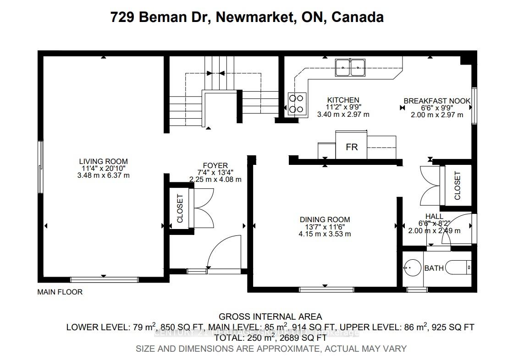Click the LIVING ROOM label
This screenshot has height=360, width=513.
[x=103, y=161]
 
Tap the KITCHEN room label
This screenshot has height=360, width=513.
[x=343, y=100]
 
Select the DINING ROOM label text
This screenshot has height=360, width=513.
[x=325, y=219]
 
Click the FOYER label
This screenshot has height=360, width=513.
[x=215, y=165]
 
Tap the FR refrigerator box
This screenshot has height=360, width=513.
[x=351, y=147]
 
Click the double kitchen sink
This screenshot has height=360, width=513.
[x=350, y=68]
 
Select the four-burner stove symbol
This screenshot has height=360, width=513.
[x=297, y=103]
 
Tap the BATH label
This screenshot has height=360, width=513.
[x=434, y=268]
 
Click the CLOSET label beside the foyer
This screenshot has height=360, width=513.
[x=180, y=208]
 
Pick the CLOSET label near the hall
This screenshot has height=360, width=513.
[x=457, y=185]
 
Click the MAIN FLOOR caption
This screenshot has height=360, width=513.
[x=60, y=292]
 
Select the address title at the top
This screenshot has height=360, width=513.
[x=247, y=17]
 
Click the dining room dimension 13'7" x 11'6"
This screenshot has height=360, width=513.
[x=325, y=227]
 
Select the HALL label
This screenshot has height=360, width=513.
[x=434, y=216]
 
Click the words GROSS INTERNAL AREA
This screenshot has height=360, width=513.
[x=270, y=316]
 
